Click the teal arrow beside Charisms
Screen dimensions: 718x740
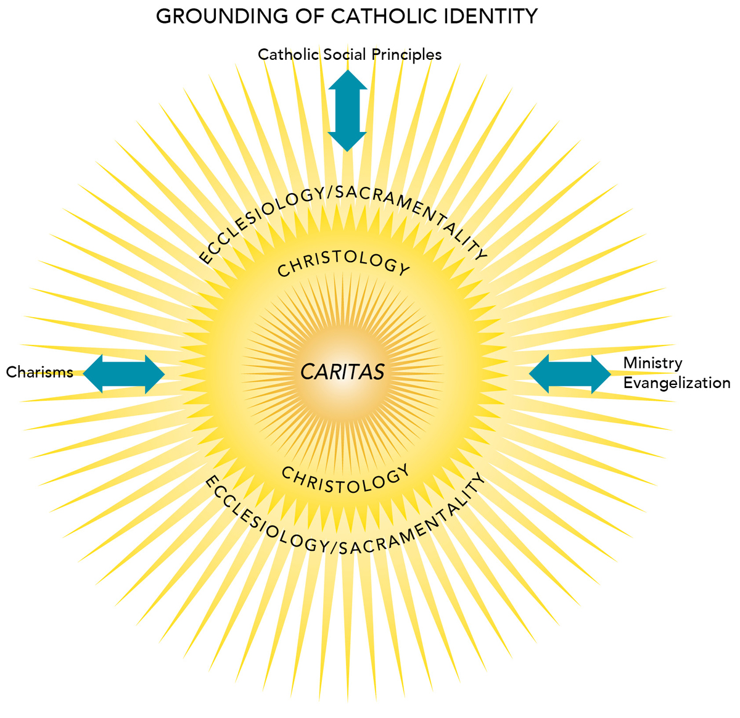click(x=124, y=373)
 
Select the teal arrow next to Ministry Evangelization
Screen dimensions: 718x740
click(x=570, y=373)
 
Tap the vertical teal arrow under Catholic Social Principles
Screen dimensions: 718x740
click(x=347, y=111)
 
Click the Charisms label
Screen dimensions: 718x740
click(x=39, y=372)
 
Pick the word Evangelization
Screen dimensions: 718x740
click(x=676, y=383)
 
